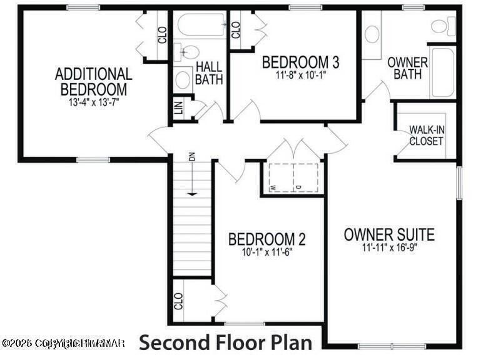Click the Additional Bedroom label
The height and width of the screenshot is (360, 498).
coord(94,82)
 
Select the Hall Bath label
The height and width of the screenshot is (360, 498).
coord(209,73)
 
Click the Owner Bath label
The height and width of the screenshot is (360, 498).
coord(407,69)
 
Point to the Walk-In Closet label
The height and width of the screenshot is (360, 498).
coord(426,135)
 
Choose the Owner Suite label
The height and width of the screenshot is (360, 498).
coord(389,235)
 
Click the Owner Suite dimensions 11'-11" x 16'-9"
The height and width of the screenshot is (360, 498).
coord(389,247)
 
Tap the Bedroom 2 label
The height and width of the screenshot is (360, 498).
coord(267,239)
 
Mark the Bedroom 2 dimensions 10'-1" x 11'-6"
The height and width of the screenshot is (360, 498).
coord(267,252)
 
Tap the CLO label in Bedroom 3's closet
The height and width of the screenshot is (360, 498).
coord(236,29)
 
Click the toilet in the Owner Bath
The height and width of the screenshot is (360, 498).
coord(442,26)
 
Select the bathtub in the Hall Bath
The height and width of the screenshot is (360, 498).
coord(201,26)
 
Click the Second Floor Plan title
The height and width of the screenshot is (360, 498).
coord(225,342)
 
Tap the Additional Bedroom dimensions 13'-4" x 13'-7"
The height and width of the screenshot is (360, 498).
coord(94,102)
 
